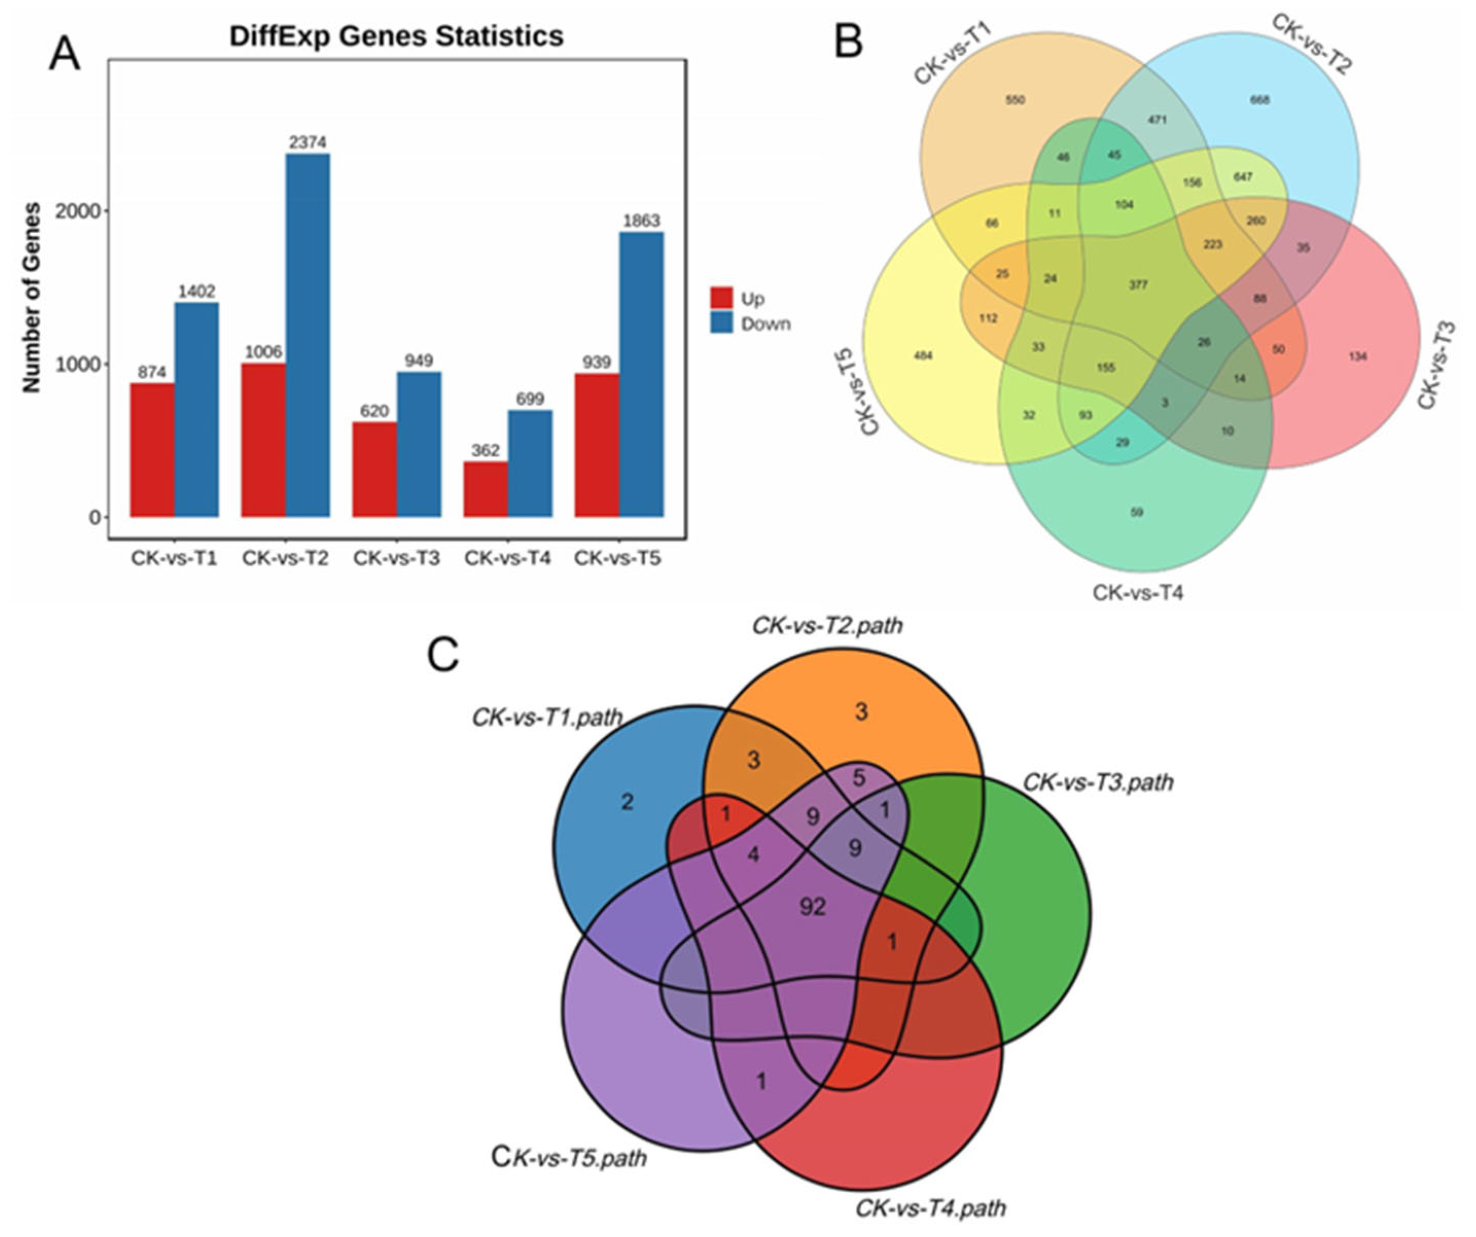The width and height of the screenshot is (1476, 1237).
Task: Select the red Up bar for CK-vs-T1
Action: [x=152, y=450]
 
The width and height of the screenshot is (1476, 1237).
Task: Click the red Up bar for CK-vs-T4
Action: [x=486, y=489]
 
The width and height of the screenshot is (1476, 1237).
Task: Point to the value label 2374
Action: [x=308, y=142]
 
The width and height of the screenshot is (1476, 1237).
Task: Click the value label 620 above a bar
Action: [x=374, y=411]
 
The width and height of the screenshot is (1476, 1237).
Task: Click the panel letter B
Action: [x=848, y=44]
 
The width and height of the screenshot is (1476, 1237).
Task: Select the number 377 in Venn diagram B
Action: [x=1138, y=284]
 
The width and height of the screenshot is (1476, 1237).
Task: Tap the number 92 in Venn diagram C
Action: [x=812, y=907]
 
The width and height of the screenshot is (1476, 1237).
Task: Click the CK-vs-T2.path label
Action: [x=827, y=625]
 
